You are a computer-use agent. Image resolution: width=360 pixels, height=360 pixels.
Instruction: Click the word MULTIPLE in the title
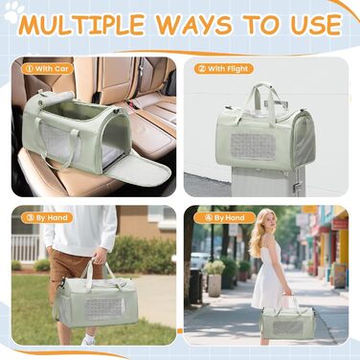coord(81,25)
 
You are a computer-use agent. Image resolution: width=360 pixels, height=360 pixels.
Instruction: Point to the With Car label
coord(47,69)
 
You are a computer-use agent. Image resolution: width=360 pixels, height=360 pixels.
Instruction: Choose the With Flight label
coord(224,69)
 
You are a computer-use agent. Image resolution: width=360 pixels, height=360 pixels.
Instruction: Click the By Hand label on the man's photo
coord(47,218)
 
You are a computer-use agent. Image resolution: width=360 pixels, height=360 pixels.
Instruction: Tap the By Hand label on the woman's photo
coord(224,218)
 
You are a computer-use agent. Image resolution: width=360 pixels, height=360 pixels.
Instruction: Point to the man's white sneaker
coord(88,340)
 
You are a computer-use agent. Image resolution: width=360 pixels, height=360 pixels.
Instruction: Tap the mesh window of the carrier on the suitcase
coord(253,146)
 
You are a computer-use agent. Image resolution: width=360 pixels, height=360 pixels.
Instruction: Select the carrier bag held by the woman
coord(287,321)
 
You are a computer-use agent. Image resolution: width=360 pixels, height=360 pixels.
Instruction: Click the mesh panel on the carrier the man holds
coord(102,309)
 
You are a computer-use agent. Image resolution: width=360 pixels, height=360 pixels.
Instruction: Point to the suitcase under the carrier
coord(268,181)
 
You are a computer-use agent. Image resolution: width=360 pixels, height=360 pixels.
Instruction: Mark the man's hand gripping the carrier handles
coord(100,256)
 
